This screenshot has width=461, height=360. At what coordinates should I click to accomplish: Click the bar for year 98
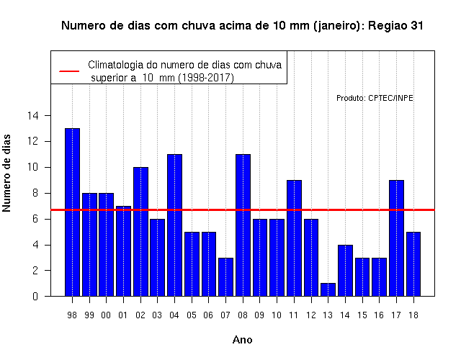pyautogui.click(x=72, y=212)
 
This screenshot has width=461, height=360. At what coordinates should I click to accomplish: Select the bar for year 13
pyautogui.click(x=328, y=289)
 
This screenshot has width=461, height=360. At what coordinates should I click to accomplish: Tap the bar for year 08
pyautogui.click(x=243, y=225)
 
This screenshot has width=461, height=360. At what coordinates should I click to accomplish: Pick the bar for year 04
pyautogui.click(x=174, y=225)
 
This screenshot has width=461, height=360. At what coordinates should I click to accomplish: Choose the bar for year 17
pyautogui.click(x=396, y=238)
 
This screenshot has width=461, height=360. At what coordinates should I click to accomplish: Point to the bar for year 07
pyautogui.click(x=225, y=276)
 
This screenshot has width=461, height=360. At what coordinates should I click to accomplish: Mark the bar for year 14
pyautogui.click(x=345, y=271)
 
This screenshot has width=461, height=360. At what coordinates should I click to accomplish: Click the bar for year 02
pyautogui.click(x=141, y=232)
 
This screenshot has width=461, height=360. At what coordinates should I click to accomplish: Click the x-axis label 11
pyautogui.click(x=293, y=315)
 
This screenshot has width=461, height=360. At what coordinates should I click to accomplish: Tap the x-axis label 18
pyautogui.click(x=413, y=315)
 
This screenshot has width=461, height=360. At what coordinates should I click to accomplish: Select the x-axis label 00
pyautogui.click(x=106, y=315)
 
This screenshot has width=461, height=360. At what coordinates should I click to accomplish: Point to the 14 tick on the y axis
pyautogui.click(x=33, y=116)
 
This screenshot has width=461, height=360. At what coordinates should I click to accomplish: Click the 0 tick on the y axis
pyautogui.click(x=35, y=296)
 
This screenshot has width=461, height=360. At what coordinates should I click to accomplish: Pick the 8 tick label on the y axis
pyautogui.click(x=35, y=193)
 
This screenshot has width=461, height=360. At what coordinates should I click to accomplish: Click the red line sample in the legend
pyautogui.click(x=69, y=71)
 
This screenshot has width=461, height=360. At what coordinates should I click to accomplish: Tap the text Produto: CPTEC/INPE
pyautogui.click(x=375, y=98)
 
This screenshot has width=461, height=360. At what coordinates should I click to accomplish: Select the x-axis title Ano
pyautogui.click(x=242, y=340)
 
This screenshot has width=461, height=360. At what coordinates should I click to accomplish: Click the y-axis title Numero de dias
pyautogui.click(x=6, y=174)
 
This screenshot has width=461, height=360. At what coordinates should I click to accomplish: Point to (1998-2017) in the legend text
pyautogui.click(x=207, y=78)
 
